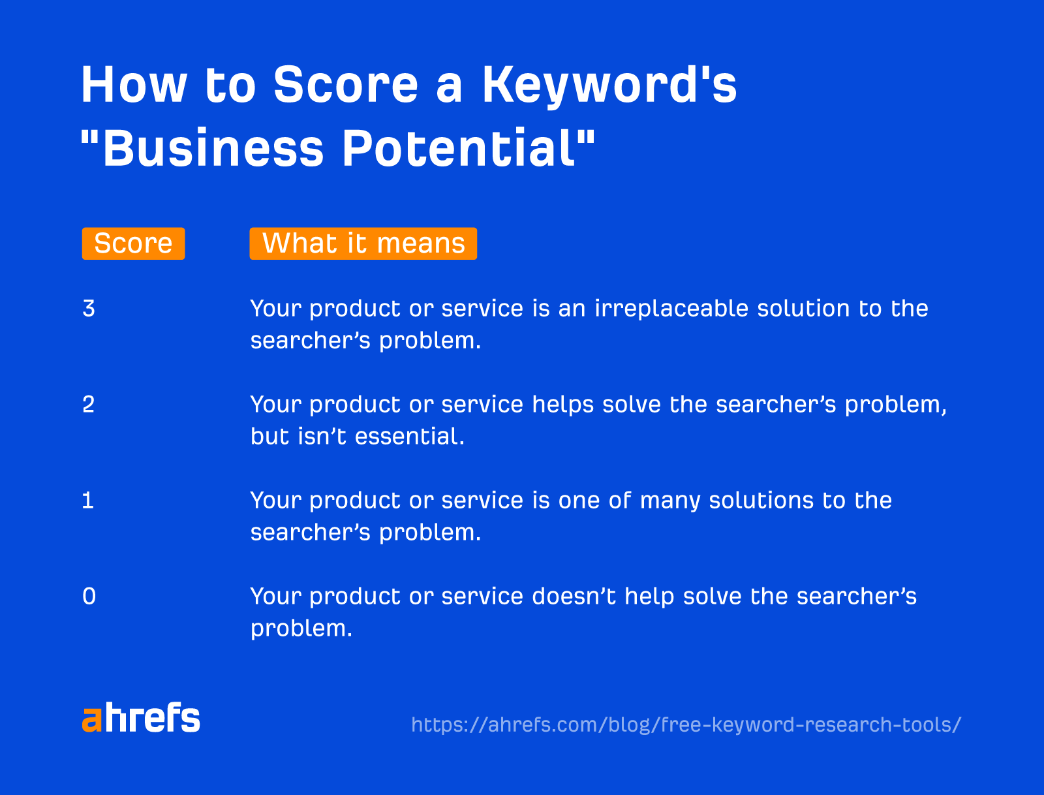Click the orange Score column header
133,243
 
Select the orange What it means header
363,243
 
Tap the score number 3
89,308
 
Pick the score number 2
89,404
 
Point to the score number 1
88,500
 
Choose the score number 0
89,596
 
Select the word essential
409,436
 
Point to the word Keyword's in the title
609,85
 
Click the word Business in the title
213,148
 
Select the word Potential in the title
467,148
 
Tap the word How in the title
134,85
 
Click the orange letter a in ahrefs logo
92,720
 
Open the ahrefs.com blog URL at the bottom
686,725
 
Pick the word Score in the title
345,85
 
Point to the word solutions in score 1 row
761,500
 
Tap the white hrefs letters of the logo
152,718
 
